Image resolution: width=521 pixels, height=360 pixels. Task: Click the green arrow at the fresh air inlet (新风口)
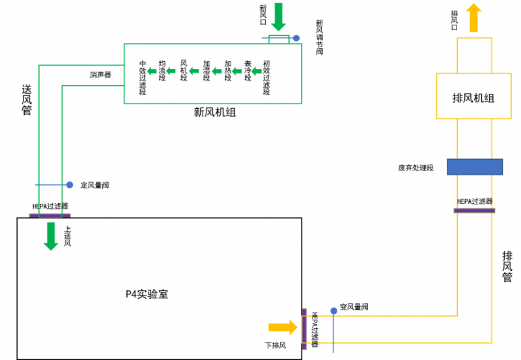tap(279, 17)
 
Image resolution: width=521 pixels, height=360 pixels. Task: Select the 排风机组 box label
tap(473, 98)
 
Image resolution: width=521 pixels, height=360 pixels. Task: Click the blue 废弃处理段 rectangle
tap(474, 167)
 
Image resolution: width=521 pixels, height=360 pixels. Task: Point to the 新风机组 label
tap(214, 112)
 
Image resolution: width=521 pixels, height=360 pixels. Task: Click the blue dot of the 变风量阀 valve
tap(333, 311)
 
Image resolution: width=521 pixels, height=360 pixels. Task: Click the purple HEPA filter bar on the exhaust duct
tap(474, 210)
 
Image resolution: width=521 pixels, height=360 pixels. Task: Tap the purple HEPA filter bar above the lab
tap(50, 214)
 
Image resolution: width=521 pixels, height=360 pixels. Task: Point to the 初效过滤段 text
tap(266, 77)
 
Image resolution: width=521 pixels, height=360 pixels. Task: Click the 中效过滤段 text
tap(143, 77)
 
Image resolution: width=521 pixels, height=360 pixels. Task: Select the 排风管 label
tap(507, 267)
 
